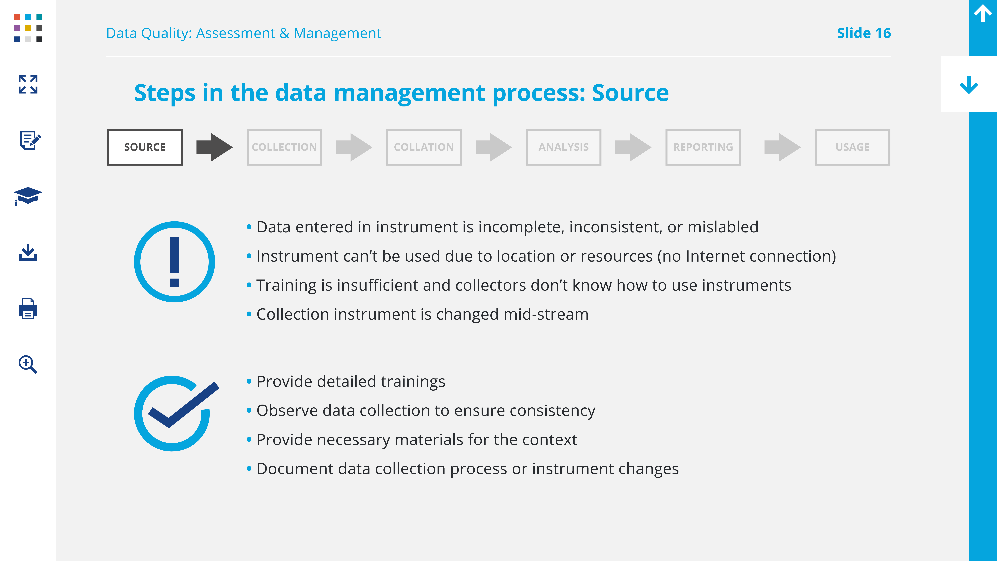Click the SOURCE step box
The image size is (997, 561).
(145, 147)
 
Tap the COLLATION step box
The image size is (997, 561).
(424, 147)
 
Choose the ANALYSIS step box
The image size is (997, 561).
(564, 147)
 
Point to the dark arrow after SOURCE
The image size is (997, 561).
(214, 147)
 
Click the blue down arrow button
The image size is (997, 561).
(969, 85)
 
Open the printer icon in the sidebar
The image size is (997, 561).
(28, 309)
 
